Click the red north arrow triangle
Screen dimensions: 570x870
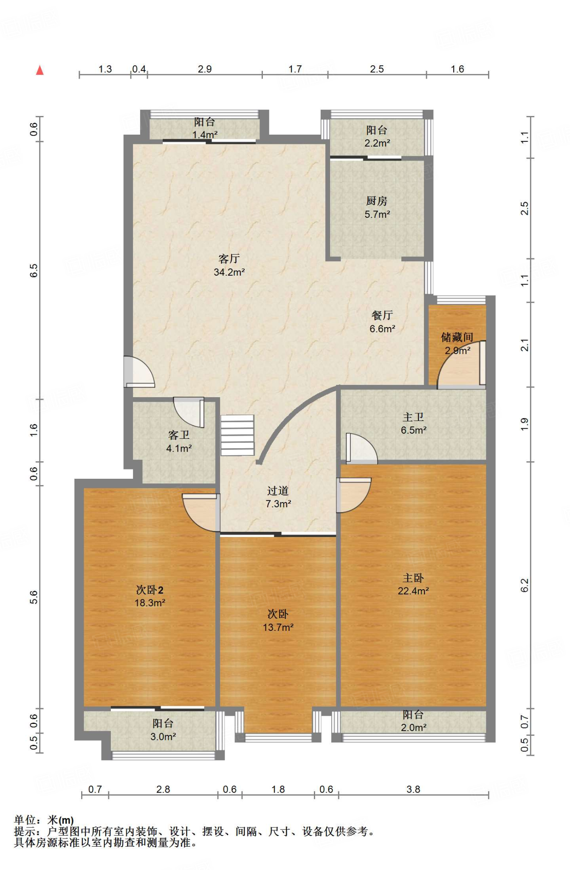[x=40, y=70]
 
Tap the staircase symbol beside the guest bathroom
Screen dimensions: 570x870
[x=237, y=435]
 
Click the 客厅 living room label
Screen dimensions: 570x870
[x=229, y=258]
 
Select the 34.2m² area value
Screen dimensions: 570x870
[x=229, y=272]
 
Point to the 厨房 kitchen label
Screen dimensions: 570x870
[x=377, y=201]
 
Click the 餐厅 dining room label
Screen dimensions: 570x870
[x=382, y=315]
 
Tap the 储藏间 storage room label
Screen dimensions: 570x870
[x=457, y=337]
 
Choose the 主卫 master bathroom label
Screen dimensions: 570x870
[x=413, y=417]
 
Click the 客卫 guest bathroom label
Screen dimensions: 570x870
[x=179, y=435]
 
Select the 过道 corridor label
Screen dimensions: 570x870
[x=278, y=491]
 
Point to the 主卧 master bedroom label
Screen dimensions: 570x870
[x=413, y=578]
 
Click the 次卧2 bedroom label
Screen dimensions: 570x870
[x=150, y=590]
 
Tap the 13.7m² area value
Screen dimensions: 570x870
[x=278, y=627]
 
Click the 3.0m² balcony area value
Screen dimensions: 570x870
[x=163, y=736]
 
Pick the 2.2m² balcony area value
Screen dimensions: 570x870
[x=377, y=143]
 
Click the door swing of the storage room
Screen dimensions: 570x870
[x=461, y=365]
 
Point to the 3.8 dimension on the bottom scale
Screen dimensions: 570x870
[x=413, y=789]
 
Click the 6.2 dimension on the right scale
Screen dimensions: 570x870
[x=525, y=585]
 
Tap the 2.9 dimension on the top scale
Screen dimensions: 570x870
[x=205, y=69]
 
